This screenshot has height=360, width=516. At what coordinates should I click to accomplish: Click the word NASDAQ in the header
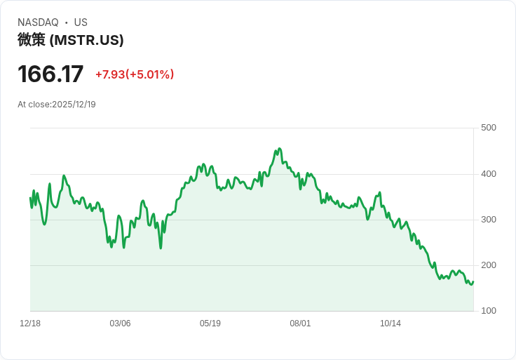tap(38, 22)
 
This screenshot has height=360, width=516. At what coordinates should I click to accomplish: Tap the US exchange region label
tap(81, 22)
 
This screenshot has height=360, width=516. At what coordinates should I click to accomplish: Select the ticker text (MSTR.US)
tap(87, 40)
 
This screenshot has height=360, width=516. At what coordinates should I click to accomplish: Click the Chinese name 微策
tap(32, 40)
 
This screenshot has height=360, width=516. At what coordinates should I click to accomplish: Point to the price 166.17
tap(50, 74)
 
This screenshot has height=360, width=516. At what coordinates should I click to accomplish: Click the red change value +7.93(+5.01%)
tap(135, 74)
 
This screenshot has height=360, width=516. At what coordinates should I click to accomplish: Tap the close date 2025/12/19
tap(74, 105)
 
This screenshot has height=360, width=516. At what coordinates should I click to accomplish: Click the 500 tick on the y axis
tap(489, 128)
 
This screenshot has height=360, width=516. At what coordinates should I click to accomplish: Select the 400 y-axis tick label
tap(489, 174)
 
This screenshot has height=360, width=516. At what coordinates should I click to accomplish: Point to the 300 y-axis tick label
tap(489, 220)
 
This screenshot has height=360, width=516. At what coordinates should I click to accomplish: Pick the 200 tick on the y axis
tap(489, 265)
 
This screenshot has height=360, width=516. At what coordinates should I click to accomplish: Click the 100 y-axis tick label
tap(489, 311)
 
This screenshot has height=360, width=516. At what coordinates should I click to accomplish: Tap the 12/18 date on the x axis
tap(30, 324)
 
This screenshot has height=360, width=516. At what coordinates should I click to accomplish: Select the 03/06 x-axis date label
tap(120, 324)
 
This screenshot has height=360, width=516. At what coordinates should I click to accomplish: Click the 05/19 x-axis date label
tap(210, 324)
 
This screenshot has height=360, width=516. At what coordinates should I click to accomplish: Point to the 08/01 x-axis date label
tap(300, 324)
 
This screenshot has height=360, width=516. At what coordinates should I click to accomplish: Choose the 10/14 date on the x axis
tap(391, 324)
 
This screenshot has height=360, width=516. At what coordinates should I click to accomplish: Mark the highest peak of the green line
tap(279, 149)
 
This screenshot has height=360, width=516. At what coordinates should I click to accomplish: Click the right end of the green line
tap(473, 282)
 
